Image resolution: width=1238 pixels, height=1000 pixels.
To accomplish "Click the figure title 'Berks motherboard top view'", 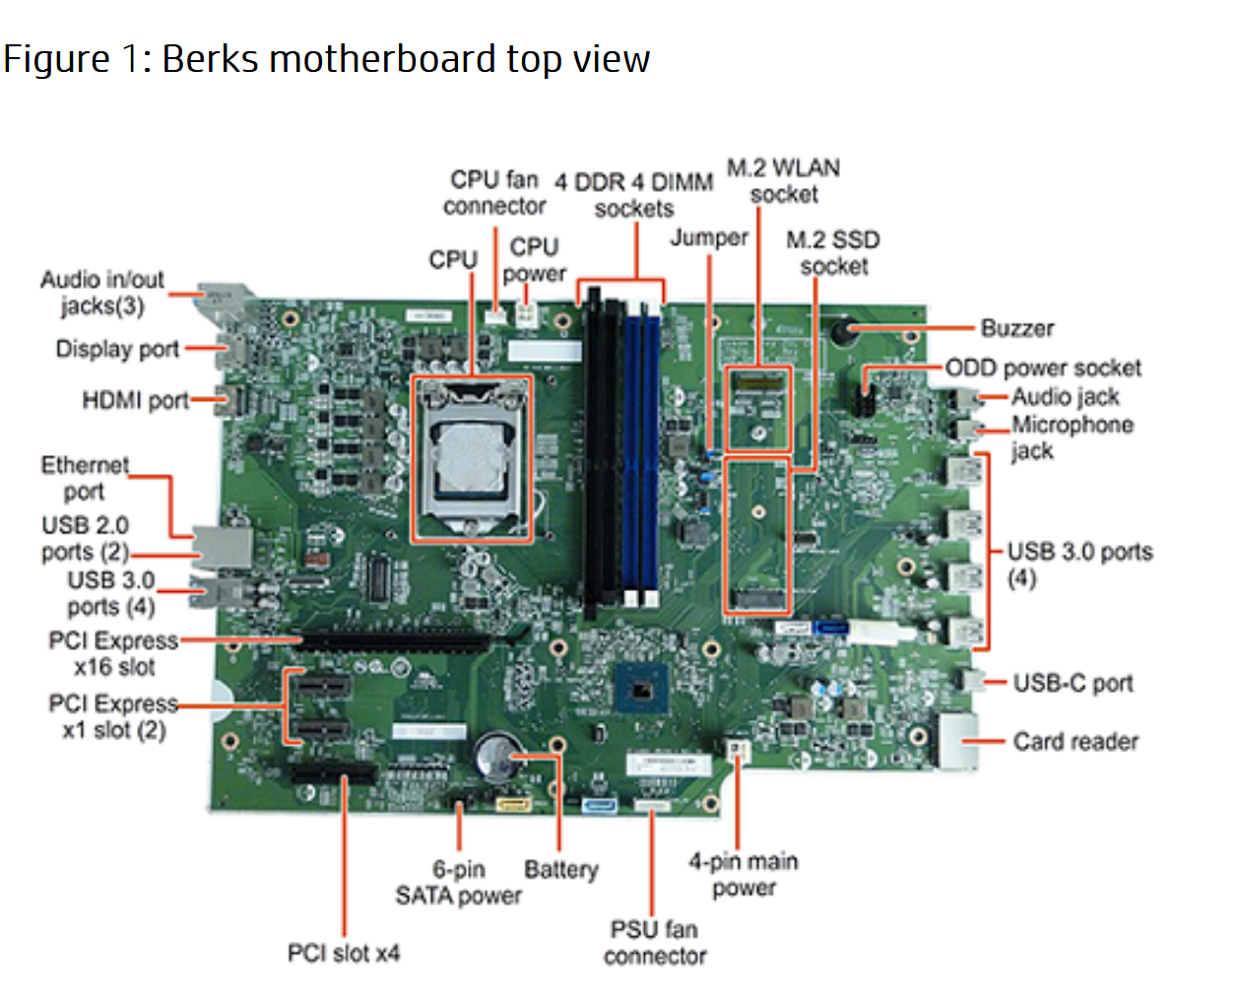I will pyautogui.click(x=326, y=59).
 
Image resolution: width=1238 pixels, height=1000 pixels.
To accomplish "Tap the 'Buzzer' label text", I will pyautogui.click(x=1016, y=328).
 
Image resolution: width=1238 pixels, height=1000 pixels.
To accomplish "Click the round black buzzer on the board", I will pyautogui.click(x=841, y=331).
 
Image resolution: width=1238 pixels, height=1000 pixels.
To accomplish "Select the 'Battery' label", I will pyautogui.click(x=560, y=869).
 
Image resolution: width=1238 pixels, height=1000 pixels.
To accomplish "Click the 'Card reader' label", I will pyautogui.click(x=1075, y=741).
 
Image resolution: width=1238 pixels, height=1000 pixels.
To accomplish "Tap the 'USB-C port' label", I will pyautogui.click(x=1073, y=683).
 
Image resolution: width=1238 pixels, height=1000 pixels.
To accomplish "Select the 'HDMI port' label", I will pyautogui.click(x=135, y=400).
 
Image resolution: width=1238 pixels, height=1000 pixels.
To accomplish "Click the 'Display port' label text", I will pyautogui.click(x=117, y=349).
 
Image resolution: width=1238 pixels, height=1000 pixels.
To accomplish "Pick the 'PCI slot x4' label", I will pyautogui.click(x=343, y=953).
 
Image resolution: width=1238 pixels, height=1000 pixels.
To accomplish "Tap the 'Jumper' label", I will pyautogui.click(x=708, y=237).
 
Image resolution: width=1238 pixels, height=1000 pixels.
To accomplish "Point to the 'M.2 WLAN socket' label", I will pyautogui.click(x=784, y=180).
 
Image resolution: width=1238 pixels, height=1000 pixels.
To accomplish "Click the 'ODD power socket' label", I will pyautogui.click(x=1043, y=367).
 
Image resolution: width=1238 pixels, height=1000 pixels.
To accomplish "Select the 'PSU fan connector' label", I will pyautogui.click(x=655, y=942).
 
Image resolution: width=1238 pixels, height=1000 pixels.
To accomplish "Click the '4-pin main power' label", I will pyautogui.click(x=744, y=874).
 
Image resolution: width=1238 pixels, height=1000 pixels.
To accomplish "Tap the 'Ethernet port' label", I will pyautogui.click(x=85, y=478).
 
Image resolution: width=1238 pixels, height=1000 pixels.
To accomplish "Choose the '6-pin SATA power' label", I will pyautogui.click(x=458, y=882).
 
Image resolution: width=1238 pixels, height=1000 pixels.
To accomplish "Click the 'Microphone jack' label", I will pyautogui.click(x=1072, y=437).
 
